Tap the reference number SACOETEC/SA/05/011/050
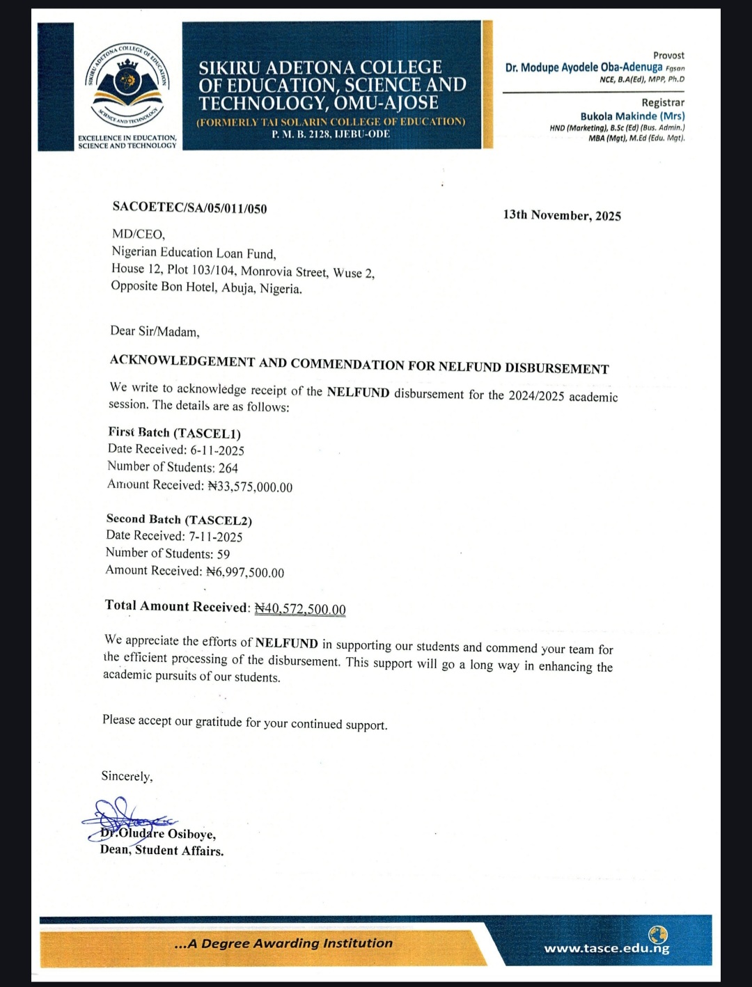click(x=189, y=208)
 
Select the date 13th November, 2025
click(x=562, y=215)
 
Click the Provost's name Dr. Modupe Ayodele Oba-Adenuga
click(x=583, y=68)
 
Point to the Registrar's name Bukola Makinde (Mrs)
click(x=632, y=116)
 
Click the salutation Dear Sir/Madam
click(x=155, y=331)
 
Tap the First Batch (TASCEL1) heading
click(x=174, y=433)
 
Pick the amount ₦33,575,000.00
click(x=251, y=487)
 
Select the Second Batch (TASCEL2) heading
click(x=179, y=519)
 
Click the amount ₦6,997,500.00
click(x=245, y=572)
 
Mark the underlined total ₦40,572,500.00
click(x=300, y=609)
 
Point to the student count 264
click(x=228, y=468)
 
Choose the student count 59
click(x=224, y=554)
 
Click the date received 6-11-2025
click(x=217, y=450)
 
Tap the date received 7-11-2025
click(x=216, y=537)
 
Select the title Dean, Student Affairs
click(x=162, y=850)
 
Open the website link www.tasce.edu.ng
click(x=606, y=948)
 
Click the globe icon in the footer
click(x=657, y=933)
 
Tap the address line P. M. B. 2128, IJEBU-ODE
click(x=331, y=134)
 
